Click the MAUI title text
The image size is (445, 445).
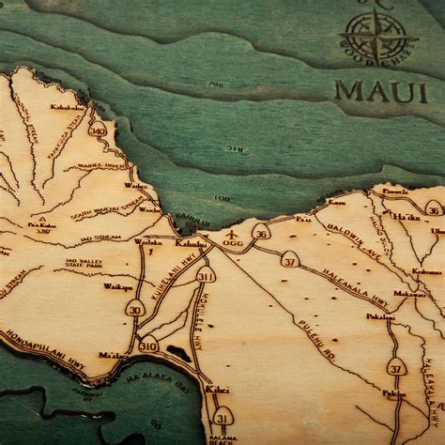380,92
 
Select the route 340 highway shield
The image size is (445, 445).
98,129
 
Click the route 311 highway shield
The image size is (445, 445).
206,274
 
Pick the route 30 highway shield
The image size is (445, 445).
135,308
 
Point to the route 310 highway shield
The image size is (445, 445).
148,345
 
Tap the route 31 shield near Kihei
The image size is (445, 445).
222,416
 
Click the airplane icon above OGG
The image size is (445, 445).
232,232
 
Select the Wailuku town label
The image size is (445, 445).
147,242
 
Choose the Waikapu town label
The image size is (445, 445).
117,286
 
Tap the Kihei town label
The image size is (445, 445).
217,389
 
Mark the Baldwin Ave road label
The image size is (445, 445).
345,236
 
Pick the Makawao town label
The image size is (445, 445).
409,294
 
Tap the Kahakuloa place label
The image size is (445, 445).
68,107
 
